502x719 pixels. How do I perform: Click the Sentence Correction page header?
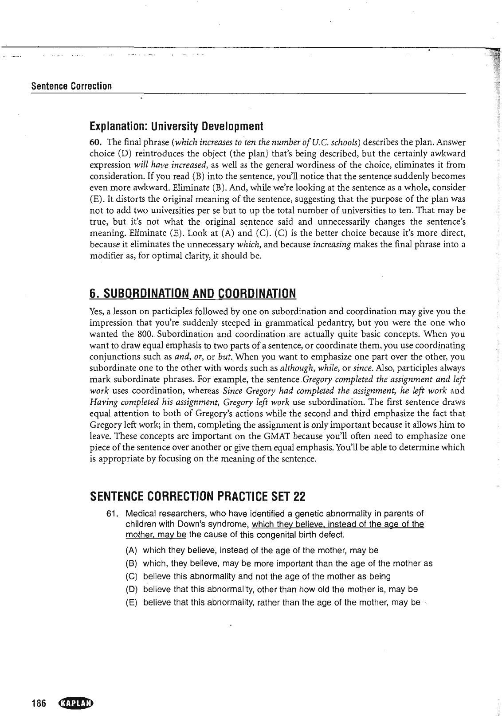point(71,86)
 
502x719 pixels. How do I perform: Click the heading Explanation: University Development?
point(176,127)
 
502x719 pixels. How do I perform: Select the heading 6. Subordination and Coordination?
point(192,293)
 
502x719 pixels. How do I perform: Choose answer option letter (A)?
point(131,551)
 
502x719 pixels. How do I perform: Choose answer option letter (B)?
point(131,564)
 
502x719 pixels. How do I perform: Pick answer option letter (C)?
point(131,577)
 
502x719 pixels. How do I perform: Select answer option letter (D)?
point(131,590)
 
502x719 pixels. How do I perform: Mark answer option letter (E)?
point(131,603)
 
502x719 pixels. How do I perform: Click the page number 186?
point(39,703)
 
